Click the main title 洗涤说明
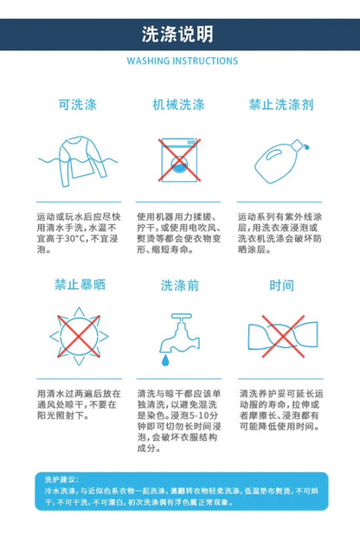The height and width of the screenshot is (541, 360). [x=177, y=34]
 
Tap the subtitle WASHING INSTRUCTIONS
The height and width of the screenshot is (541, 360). [x=183, y=61]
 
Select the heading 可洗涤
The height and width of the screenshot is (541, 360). [x=78, y=105]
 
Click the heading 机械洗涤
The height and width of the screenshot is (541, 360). [x=178, y=105]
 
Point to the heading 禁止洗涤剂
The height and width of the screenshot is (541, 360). [x=281, y=105]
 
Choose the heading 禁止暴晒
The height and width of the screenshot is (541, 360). [x=80, y=285]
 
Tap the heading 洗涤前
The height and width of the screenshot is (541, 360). [x=180, y=286]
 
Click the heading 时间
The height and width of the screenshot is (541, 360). [x=282, y=286]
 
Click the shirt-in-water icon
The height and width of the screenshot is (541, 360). [x=78, y=161]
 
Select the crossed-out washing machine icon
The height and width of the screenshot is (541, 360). [x=179, y=160]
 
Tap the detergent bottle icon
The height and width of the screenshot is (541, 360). [x=281, y=161]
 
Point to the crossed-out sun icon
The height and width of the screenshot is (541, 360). [x=79, y=336]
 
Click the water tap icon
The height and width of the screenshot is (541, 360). [x=180, y=339]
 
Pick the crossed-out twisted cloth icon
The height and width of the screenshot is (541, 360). [x=283, y=337]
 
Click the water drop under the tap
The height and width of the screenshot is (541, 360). [x=165, y=360]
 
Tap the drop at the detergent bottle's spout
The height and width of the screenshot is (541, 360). [x=306, y=147]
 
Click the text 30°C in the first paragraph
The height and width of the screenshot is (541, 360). [x=74, y=238]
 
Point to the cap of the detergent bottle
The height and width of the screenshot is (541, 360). [x=297, y=145]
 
